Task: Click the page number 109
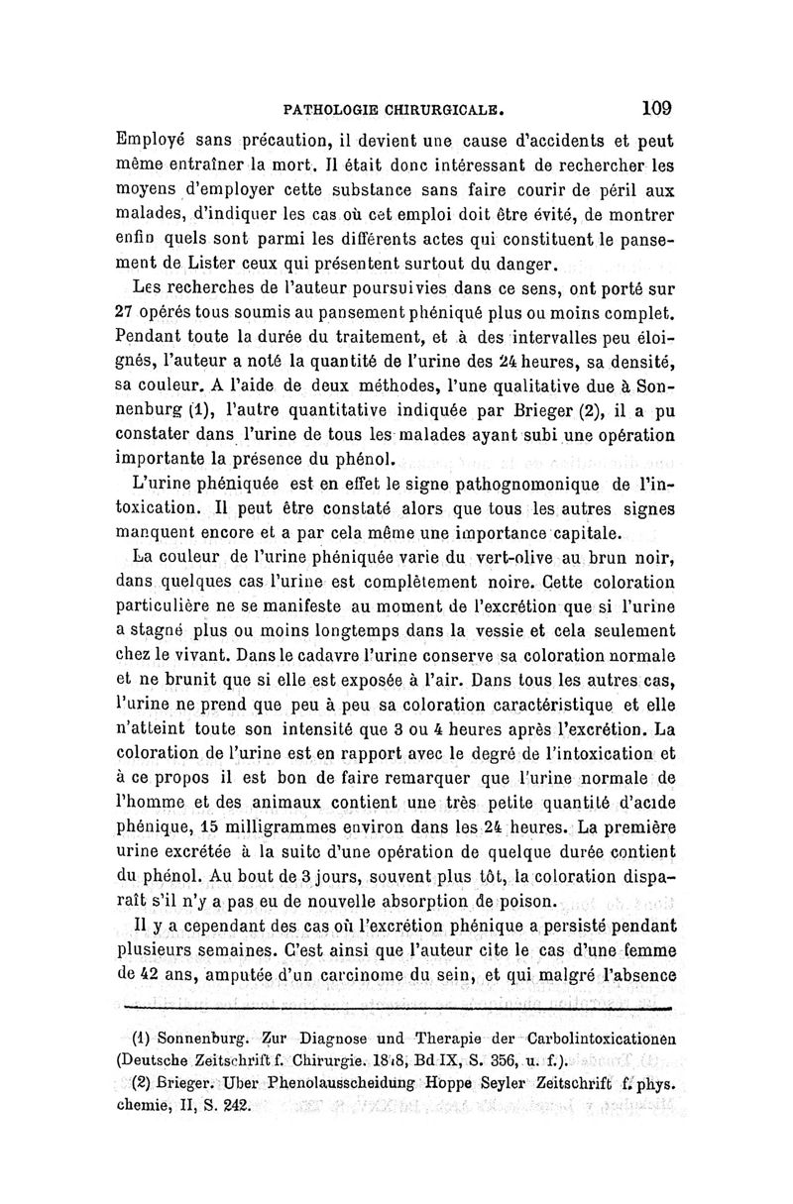(656, 106)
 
